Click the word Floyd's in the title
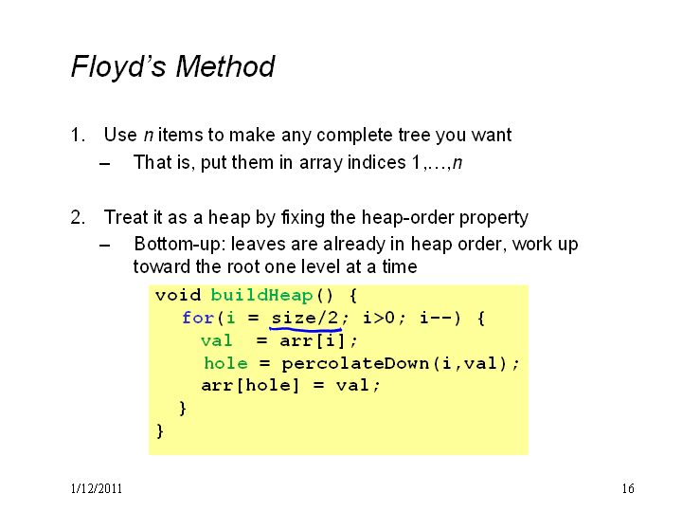(x=118, y=66)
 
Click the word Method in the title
(x=224, y=66)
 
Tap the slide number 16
(x=628, y=488)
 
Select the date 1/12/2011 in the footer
(x=97, y=488)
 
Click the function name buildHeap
(x=261, y=295)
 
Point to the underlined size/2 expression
(x=304, y=318)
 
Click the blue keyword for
(x=198, y=318)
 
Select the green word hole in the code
(x=226, y=363)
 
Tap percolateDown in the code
(x=355, y=363)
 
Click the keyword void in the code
(x=178, y=295)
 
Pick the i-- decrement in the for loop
(x=437, y=318)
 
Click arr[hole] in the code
(x=250, y=386)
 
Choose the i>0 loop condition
(x=379, y=318)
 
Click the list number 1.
(x=78, y=135)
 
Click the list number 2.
(x=78, y=217)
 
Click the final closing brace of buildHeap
(x=160, y=431)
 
